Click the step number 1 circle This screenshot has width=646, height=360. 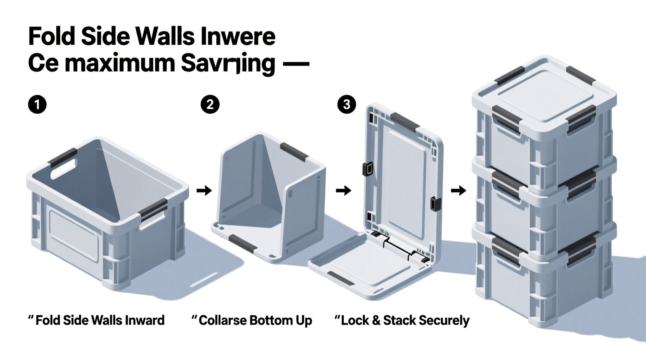pyautogui.click(x=37, y=105)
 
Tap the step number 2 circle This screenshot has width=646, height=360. pyautogui.click(x=210, y=105)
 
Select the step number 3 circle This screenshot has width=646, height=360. pyautogui.click(x=346, y=104)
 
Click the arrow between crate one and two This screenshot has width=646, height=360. pyautogui.click(x=204, y=190)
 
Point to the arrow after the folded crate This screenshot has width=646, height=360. pyautogui.click(x=343, y=190)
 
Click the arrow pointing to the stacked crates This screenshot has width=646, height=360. pyautogui.click(x=458, y=190)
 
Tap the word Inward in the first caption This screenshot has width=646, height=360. pyautogui.click(x=144, y=320)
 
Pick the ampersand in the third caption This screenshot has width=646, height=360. pyautogui.click(x=375, y=320)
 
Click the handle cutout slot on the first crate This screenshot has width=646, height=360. pyautogui.click(x=64, y=168)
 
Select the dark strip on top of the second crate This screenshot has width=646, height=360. pyautogui.click(x=294, y=152)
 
